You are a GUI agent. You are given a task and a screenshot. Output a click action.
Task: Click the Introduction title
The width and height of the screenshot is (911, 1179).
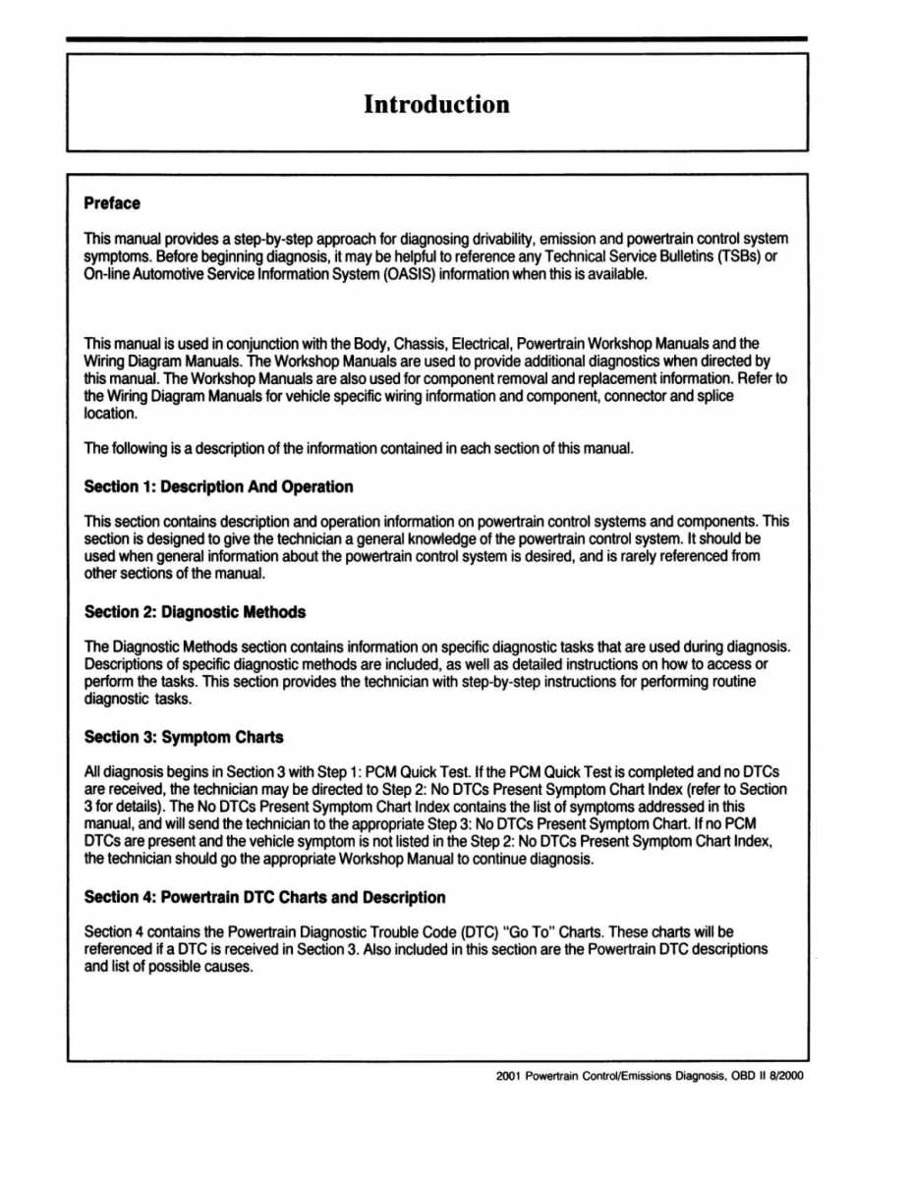click(x=436, y=104)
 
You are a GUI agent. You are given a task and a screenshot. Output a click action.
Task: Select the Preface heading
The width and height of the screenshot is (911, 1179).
click(x=112, y=203)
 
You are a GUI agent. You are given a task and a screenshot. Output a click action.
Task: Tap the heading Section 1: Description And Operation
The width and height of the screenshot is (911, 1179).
click(x=218, y=486)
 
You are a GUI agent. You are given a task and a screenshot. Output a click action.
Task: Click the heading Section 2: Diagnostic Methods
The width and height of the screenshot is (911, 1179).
click(x=195, y=612)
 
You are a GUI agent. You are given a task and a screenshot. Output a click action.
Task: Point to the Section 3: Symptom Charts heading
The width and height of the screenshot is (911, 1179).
click(x=184, y=737)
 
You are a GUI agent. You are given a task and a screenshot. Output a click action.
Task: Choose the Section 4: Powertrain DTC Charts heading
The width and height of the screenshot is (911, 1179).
click(x=264, y=897)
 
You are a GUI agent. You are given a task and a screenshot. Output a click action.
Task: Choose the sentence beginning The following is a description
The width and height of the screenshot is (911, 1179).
click(x=359, y=449)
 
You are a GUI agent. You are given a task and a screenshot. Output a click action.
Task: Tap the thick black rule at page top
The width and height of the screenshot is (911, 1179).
click(x=436, y=39)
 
